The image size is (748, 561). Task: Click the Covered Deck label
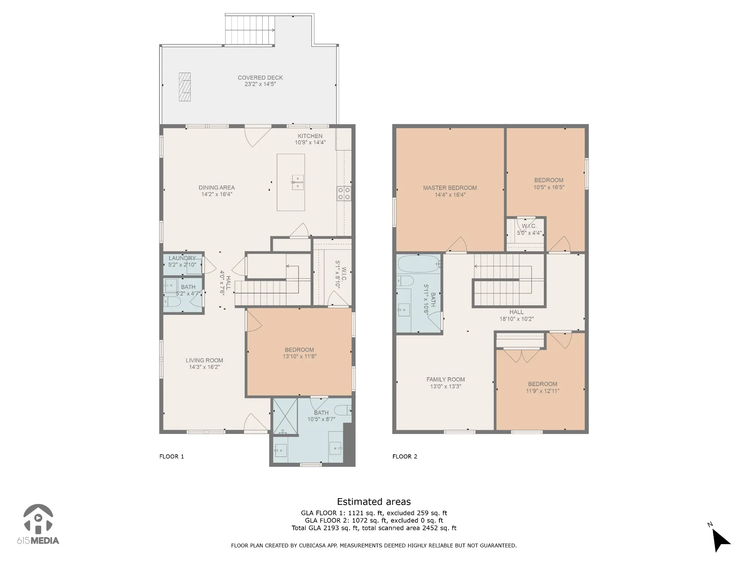click(260, 77)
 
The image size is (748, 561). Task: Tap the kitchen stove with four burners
click(344, 193)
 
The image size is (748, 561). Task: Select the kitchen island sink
click(298, 182)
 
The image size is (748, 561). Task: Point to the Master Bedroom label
click(450, 188)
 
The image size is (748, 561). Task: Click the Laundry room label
click(182, 258)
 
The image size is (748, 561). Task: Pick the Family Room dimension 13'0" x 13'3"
click(446, 386)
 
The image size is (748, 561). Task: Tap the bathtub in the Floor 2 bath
click(419, 264)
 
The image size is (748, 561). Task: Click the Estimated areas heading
click(374, 501)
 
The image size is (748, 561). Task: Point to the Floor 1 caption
click(172, 456)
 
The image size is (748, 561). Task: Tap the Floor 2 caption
click(405, 456)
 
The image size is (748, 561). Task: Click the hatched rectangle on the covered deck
click(184, 87)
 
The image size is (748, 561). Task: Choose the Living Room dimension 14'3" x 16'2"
click(205, 367)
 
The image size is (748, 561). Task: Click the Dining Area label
click(217, 187)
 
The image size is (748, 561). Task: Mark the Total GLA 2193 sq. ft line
click(374, 528)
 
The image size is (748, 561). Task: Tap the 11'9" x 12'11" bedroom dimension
click(543, 391)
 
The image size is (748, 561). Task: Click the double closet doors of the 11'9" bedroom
click(522, 355)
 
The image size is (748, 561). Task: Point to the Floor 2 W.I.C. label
click(529, 226)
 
